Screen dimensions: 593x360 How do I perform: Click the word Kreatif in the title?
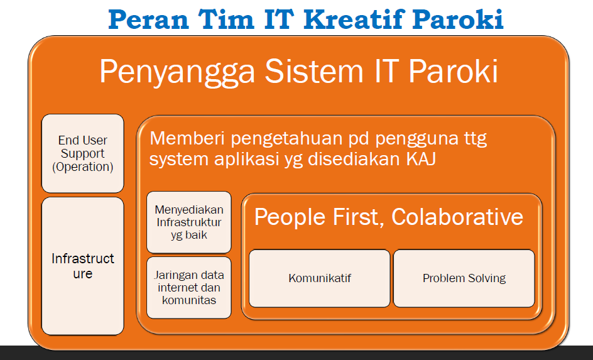coord(353,19)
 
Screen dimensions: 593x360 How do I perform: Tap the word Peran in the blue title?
coord(148,19)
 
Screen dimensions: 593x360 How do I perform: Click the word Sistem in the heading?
coord(313,71)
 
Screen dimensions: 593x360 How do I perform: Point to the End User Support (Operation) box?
coord(83,153)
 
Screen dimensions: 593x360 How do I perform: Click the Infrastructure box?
coord(83,266)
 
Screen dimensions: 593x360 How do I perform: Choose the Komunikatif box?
coord(320,278)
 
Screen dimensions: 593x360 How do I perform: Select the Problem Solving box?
coord(464,278)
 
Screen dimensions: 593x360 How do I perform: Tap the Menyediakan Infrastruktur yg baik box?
coord(189,222)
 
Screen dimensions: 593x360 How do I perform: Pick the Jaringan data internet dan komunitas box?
coord(189,288)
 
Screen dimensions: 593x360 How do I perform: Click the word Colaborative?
coord(457,217)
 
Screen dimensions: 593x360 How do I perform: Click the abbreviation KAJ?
coord(421,159)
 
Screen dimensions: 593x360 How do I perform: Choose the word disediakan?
coord(354,159)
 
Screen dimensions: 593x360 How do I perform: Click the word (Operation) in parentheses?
coord(83,167)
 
